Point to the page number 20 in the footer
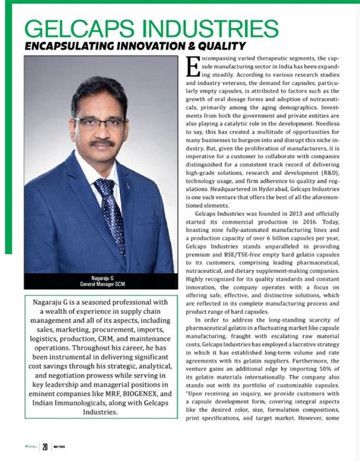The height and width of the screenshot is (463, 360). (x=46, y=447)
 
